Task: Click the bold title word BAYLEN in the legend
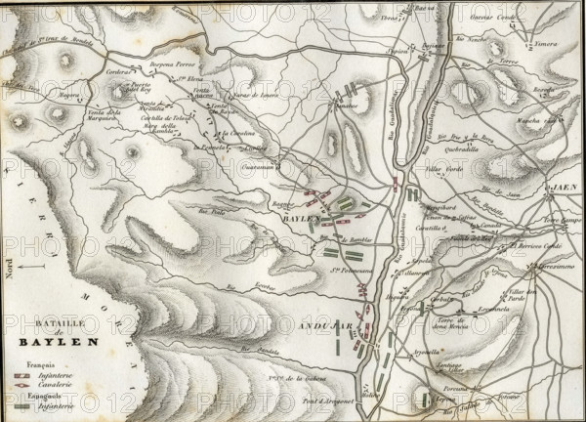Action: [57, 342]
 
